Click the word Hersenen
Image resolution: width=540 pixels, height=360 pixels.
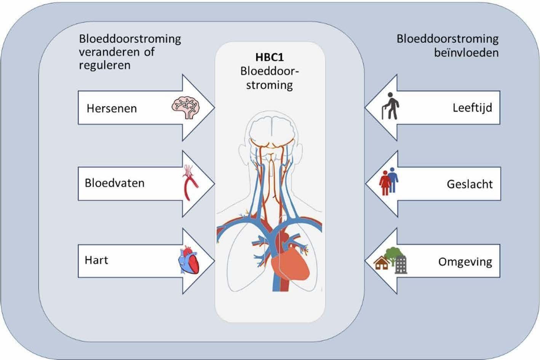coord(112,108)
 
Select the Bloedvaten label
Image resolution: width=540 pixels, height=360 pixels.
coord(115,183)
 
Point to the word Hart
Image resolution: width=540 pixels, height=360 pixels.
coord(96,260)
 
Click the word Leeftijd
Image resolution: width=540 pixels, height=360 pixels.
coord(472,108)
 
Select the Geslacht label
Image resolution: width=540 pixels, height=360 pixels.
coord(470,185)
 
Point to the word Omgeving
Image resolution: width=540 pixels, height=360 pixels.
coord(465,262)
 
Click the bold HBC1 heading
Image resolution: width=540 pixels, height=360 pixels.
coord(270,58)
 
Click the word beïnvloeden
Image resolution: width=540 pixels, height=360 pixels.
coord(466,53)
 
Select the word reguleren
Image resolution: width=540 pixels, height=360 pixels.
coord(105,65)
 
